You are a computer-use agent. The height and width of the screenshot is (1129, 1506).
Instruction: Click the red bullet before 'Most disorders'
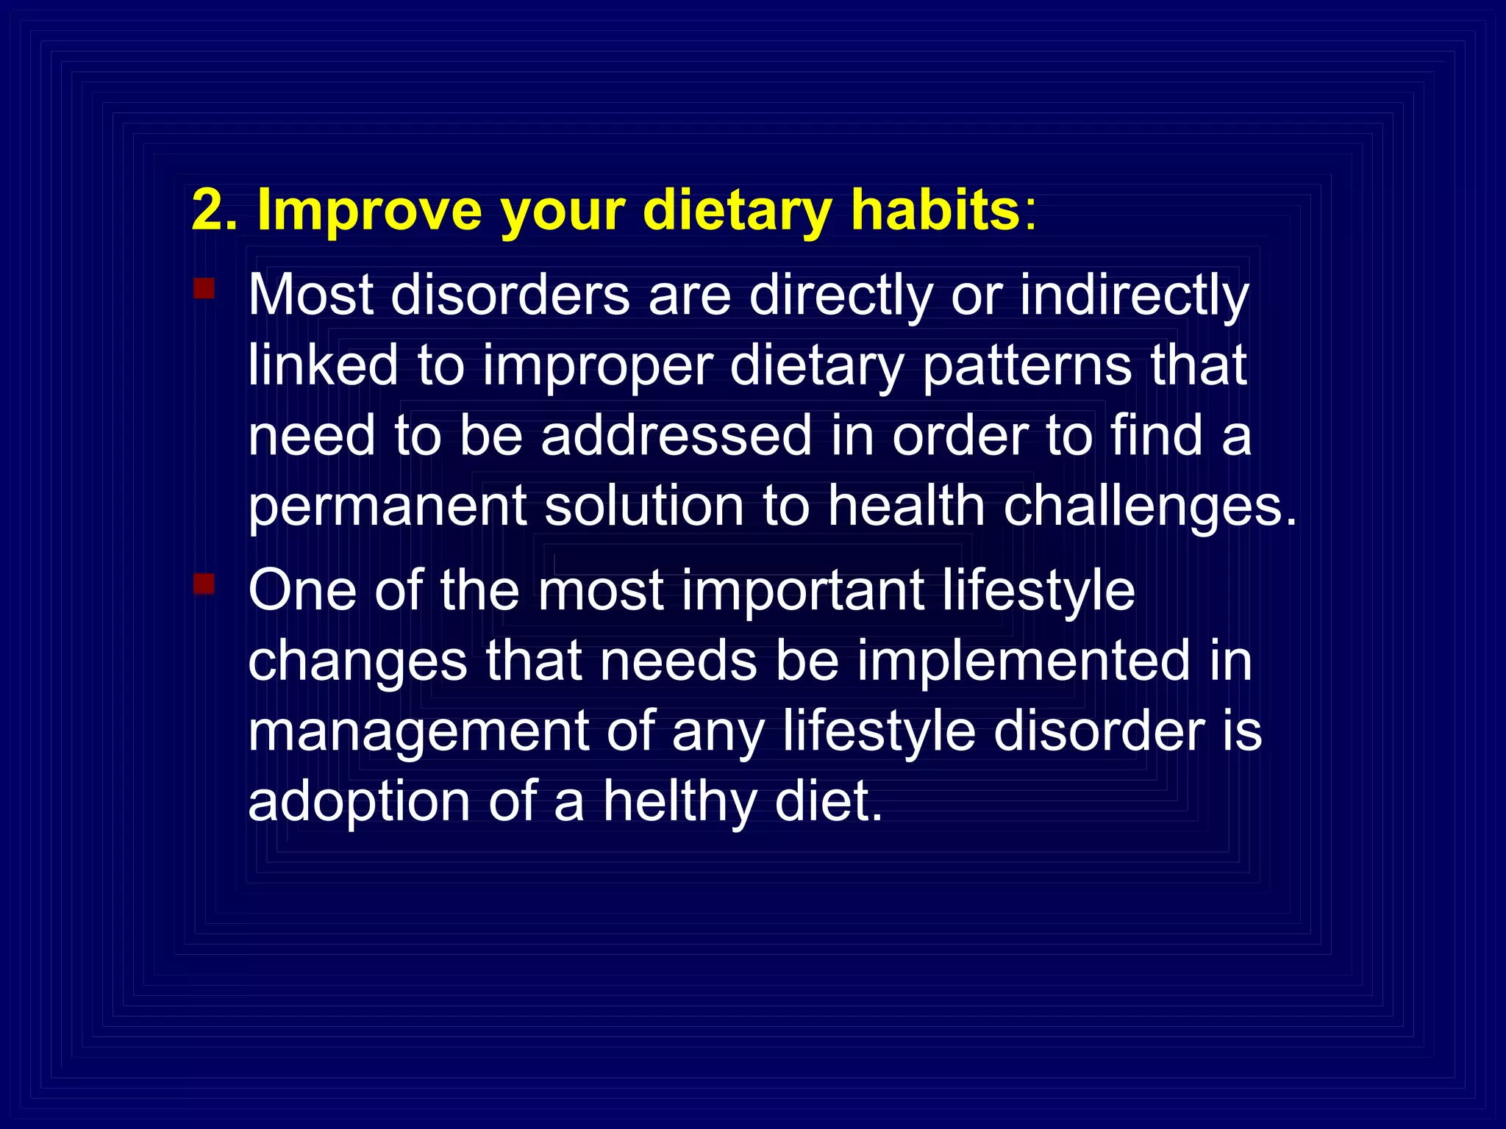tap(204, 288)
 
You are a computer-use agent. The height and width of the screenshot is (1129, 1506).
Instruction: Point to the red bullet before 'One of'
tap(204, 584)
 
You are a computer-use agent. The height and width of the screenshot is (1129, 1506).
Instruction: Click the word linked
tap(324, 365)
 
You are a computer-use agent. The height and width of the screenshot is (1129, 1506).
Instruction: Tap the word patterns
tap(1027, 365)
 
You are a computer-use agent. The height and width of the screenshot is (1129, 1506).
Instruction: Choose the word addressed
tap(677, 436)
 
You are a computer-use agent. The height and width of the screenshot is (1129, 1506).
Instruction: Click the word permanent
tap(387, 507)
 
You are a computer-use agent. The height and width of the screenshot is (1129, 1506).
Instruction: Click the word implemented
tap(1023, 661)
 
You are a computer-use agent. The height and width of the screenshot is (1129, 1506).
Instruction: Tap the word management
tap(419, 732)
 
